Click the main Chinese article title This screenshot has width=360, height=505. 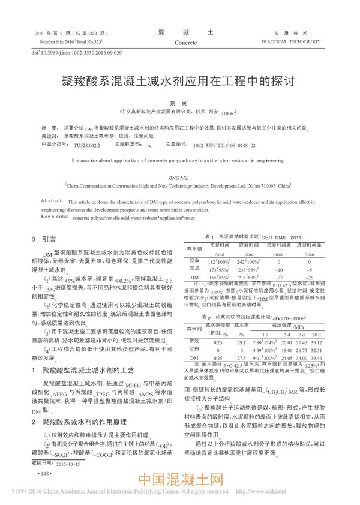(x=179, y=79)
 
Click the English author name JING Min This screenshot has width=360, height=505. (x=179, y=178)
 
